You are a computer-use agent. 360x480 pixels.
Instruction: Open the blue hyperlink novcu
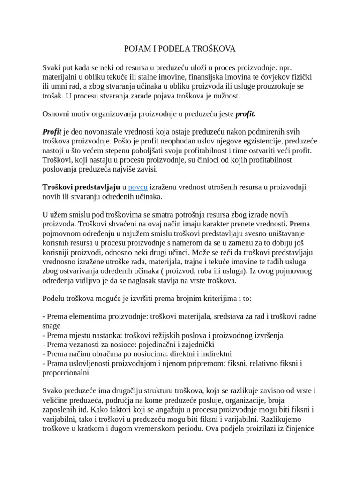point(138,187)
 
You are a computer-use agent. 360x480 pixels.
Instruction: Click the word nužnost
point(223,96)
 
